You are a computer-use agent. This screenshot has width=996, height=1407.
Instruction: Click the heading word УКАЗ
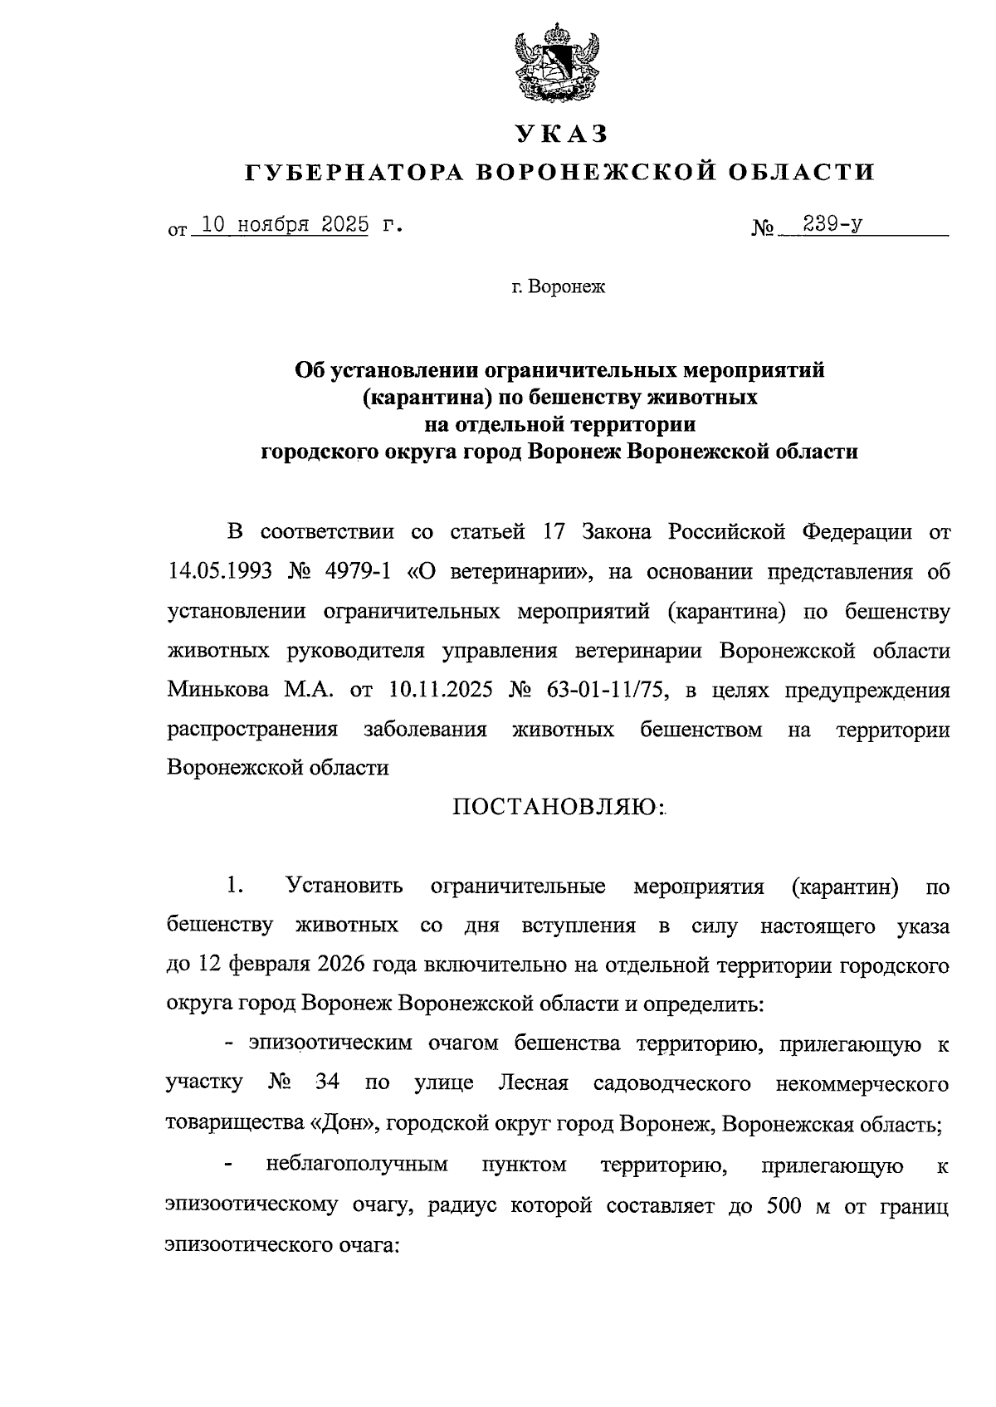pos(561,133)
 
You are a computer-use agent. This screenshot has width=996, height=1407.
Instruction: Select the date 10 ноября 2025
pos(285,225)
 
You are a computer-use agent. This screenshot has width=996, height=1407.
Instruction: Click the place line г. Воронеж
pos(559,287)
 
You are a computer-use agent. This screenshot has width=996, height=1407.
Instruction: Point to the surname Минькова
pos(217,690)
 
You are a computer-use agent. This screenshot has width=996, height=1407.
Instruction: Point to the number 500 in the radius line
pos(774,1204)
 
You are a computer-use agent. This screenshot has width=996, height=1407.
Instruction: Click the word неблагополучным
pos(357,1164)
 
